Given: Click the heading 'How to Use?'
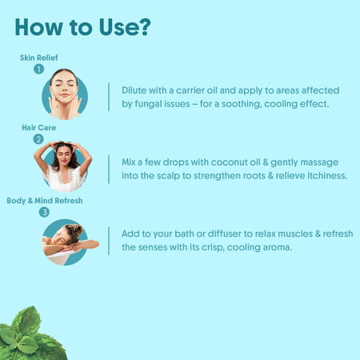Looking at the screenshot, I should point(82,26).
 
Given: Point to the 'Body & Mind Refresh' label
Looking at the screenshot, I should point(45,200).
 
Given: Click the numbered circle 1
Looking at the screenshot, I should point(38,70).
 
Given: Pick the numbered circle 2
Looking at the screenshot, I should point(38,139).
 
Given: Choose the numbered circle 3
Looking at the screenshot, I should point(44,212).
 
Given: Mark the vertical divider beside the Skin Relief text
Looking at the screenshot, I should point(108,97).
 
